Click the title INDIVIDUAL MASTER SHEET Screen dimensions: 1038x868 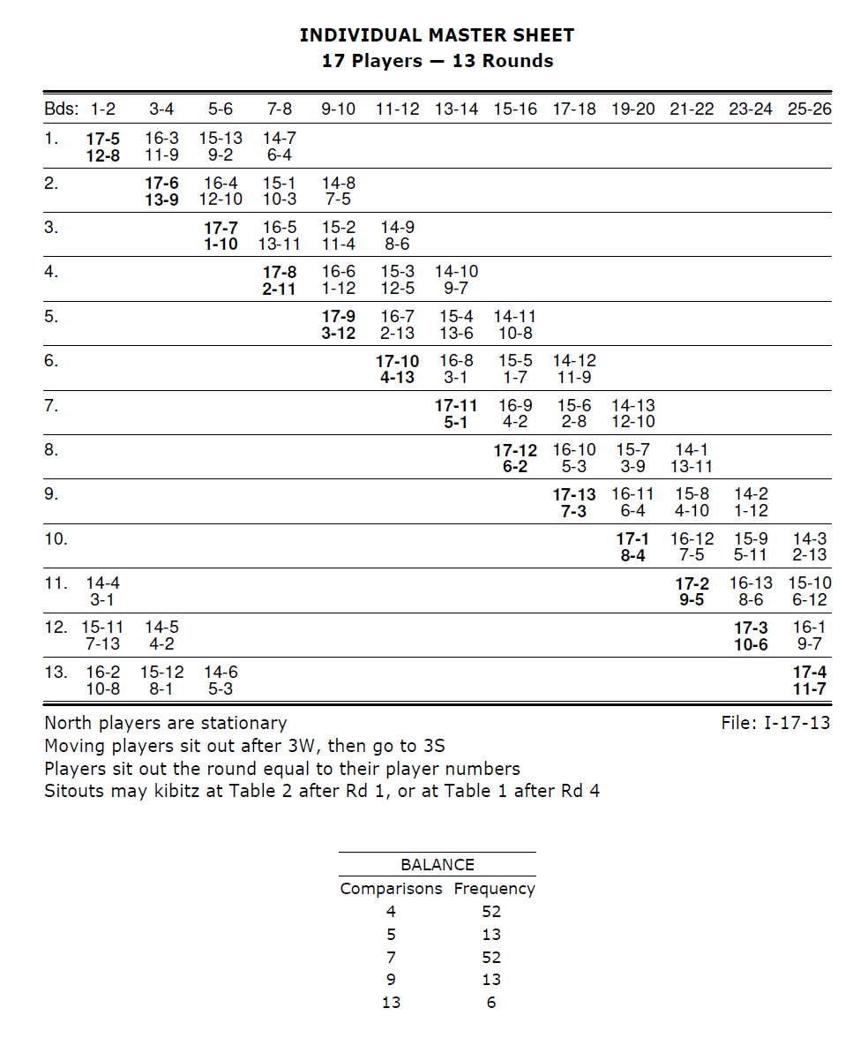click(x=437, y=35)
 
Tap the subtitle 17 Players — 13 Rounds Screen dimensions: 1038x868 click(x=437, y=61)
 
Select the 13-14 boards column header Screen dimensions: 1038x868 click(x=456, y=109)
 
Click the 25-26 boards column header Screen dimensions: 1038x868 click(x=809, y=109)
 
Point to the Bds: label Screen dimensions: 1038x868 click(x=61, y=109)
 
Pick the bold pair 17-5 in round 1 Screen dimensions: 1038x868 click(x=103, y=138)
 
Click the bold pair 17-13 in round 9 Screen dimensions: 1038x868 click(x=573, y=494)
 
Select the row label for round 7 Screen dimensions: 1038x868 click(x=51, y=405)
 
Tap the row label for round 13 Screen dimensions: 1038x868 click(x=56, y=672)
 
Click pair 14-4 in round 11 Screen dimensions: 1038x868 click(x=103, y=583)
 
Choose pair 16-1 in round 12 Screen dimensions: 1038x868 click(x=809, y=628)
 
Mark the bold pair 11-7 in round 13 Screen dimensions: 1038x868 click(x=809, y=688)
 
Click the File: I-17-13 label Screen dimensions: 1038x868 click(x=775, y=724)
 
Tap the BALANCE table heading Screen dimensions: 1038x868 click(x=437, y=865)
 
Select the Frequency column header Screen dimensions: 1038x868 click(x=494, y=889)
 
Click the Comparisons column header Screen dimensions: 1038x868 click(x=391, y=889)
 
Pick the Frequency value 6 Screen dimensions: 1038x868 click(x=491, y=1002)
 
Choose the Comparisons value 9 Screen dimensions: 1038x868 click(x=391, y=979)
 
